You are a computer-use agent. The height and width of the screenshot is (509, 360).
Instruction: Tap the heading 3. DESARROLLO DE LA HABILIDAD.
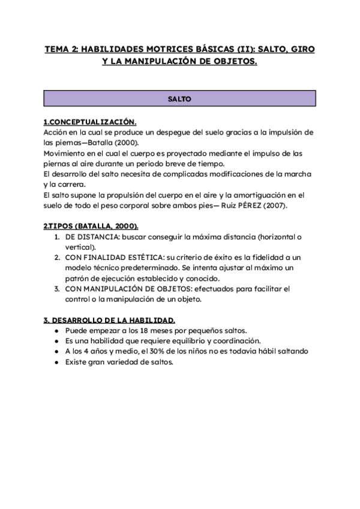point(109,320)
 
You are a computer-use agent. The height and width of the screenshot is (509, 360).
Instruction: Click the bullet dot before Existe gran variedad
point(56,362)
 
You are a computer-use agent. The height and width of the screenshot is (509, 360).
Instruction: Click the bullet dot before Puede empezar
point(56,331)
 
